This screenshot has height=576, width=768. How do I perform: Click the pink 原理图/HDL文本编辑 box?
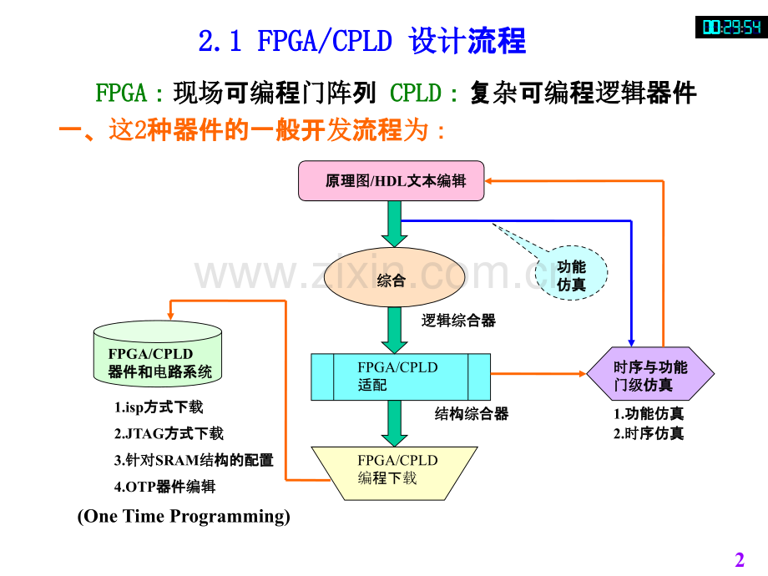pyautogui.click(x=391, y=181)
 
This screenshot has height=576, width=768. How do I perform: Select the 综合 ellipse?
pyautogui.click(x=394, y=278)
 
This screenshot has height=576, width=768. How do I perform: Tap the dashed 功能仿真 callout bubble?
pyautogui.click(x=571, y=273)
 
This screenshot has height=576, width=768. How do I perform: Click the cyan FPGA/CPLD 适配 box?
pyautogui.click(x=401, y=376)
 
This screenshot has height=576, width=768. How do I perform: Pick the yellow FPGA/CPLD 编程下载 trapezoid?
pyautogui.click(x=394, y=473)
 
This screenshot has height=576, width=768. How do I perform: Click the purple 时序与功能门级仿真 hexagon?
pyautogui.click(x=650, y=374)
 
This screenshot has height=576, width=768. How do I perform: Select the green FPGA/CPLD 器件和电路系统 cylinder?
pyautogui.click(x=158, y=354)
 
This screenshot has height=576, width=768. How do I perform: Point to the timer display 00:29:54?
pyautogui.click(x=731, y=27)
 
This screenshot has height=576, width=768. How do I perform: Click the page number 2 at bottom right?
pyautogui.click(x=740, y=559)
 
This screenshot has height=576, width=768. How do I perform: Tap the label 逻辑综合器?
pyautogui.click(x=458, y=321)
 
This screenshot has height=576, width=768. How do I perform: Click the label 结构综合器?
pyautogui.click(x=472, y=414)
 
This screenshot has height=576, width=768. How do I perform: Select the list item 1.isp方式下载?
pyautogui.click(x=159, y=407)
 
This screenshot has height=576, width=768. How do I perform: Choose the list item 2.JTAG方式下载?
pyautogui.click(x=169, y=433)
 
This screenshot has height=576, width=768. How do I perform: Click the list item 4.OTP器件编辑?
pyautogui.click(x=164, y=487)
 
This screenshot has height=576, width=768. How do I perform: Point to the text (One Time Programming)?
pyautogui.click(x=184, y=516)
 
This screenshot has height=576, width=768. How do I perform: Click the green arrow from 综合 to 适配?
pyautogui.click(x=394, y=330)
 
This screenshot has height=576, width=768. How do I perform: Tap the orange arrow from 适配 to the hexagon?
pyautogui.click(x=538, y=374)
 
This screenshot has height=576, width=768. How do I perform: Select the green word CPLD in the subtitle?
pyautogui.click(x=416, y=93)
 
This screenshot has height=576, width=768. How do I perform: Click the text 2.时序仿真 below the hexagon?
pyautogui.click(x=649, y=433)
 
